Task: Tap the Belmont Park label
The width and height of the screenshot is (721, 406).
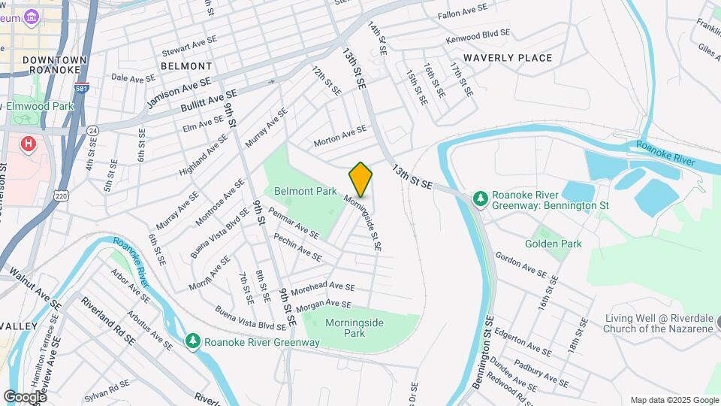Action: click(305, 192)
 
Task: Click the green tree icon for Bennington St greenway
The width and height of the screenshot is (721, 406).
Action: click(480, 198)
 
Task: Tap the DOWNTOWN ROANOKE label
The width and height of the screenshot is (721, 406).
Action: click(54, 64)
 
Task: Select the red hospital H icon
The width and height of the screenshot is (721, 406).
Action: click(29, 143)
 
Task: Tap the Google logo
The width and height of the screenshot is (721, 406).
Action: click(24, 396)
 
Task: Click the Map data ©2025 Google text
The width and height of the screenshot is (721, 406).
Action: click(673, 400)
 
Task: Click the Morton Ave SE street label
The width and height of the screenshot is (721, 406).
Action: click(340, 133)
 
